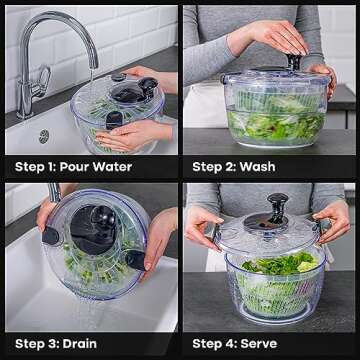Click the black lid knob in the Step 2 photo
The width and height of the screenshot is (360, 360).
(x=295, y=63)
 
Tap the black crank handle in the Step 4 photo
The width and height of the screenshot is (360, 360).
(x=277, y=209)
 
